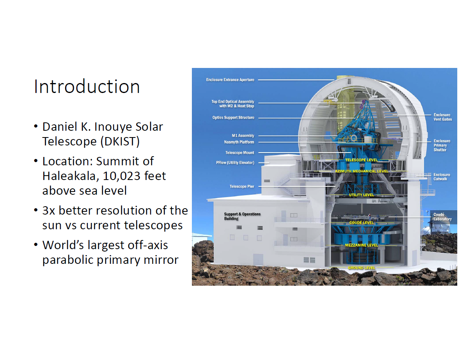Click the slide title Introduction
(x=87, y=87)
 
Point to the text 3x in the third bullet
(x=50, y=210)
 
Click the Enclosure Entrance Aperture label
(x=230, y=80)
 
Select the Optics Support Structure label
(x=233, y=118)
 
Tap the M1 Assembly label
(x=243, y=135)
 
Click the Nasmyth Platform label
(x=239, y=142)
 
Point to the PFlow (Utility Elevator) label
(x=235, y=163)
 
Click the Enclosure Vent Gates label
(x=442, y=117)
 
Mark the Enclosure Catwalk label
(x=442, y=177)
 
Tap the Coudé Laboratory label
(x=442, y=217)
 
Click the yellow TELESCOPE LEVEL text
(x=361, y=160)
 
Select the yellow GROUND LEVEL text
(x=361, y=268)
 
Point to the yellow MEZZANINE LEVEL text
(x=361, y=245)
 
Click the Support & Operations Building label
(x=242, y=216)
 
